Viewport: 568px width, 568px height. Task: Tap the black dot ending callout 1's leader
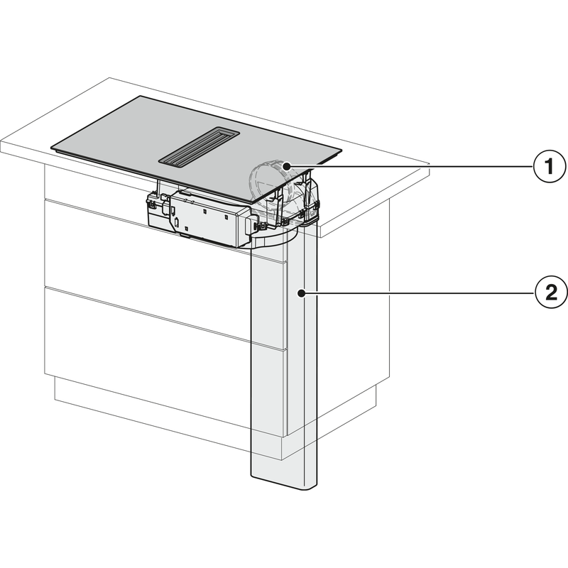point(287,165)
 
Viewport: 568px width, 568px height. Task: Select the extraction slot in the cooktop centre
point(198,147)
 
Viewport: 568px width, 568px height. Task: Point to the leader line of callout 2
point(419,293)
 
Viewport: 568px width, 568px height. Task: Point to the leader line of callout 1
point(412,166)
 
